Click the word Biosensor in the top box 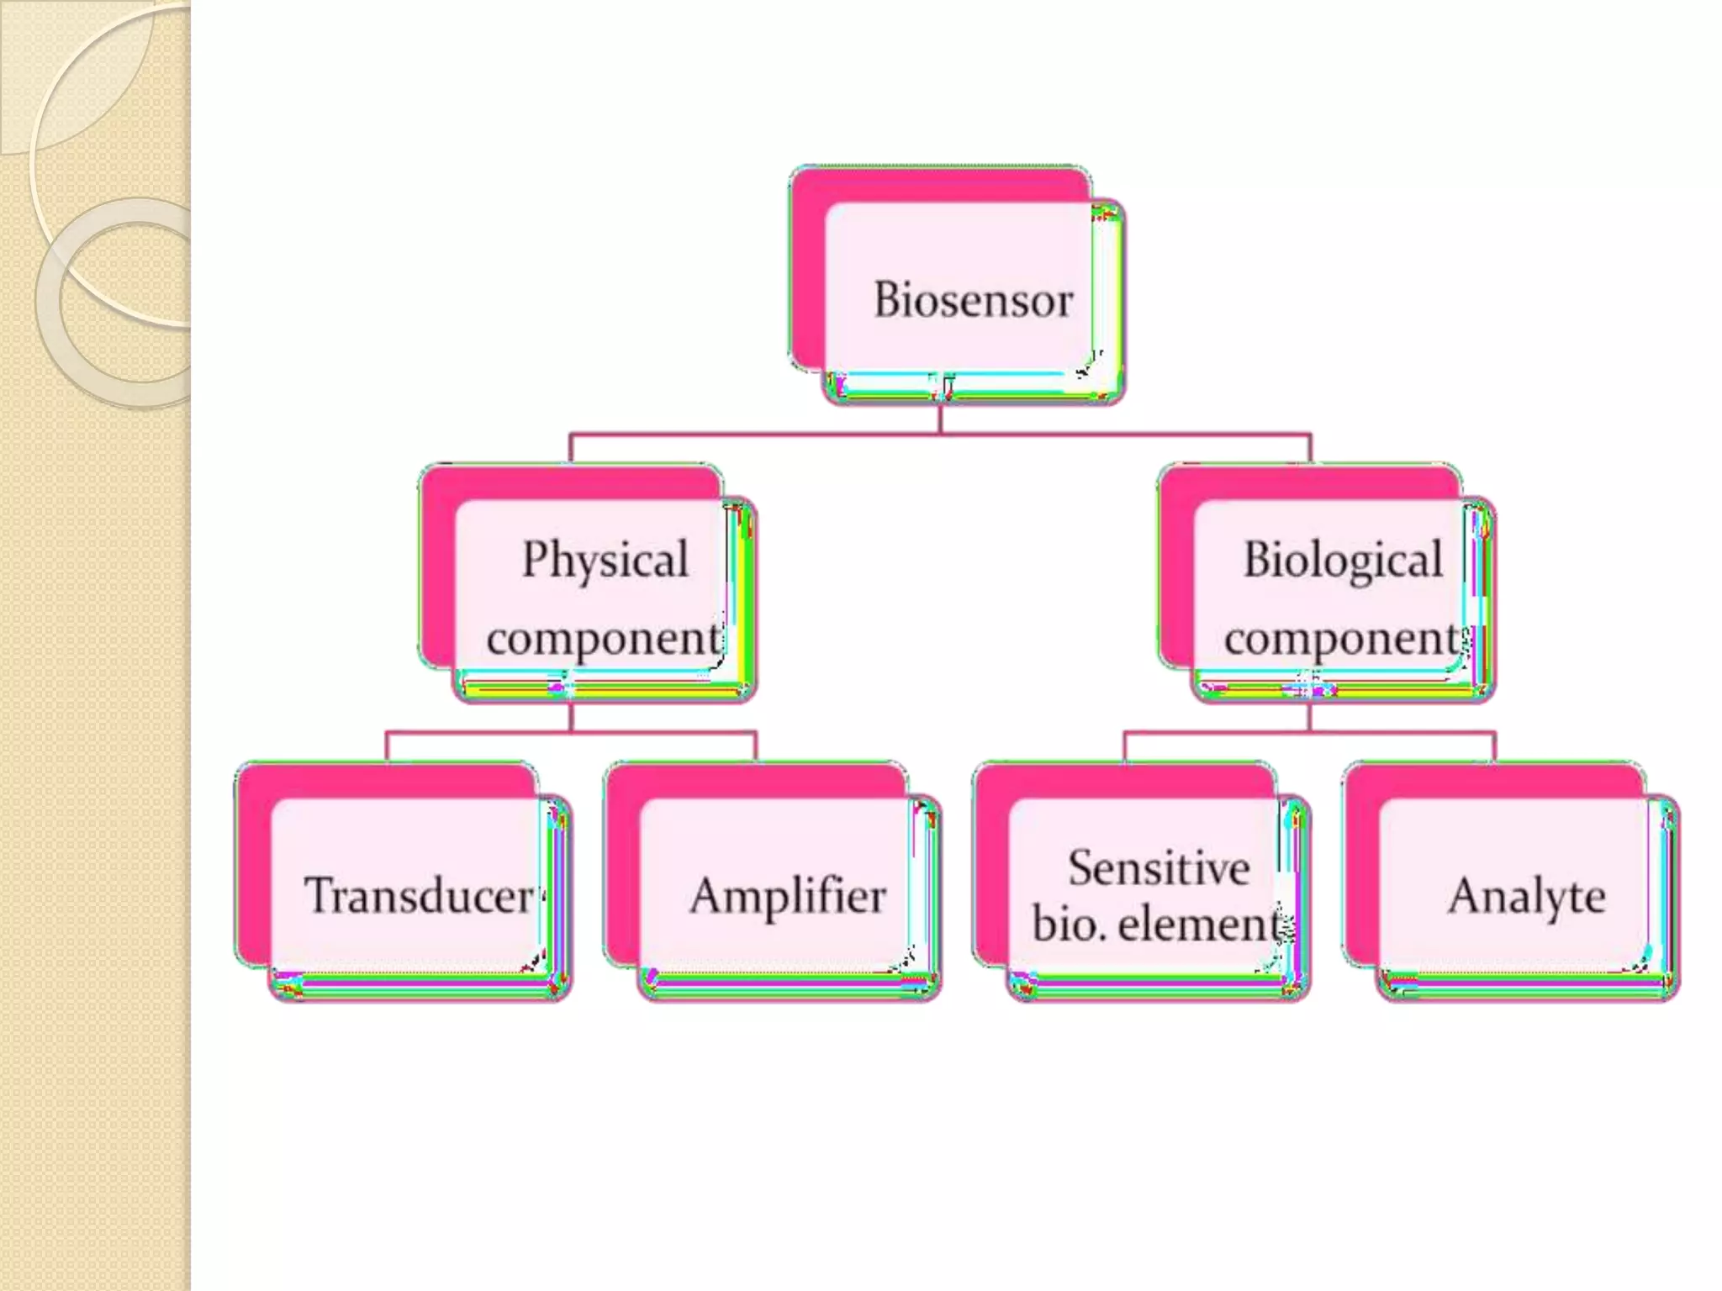(973, 300)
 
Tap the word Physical (605, 559)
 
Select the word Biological (1343, 560)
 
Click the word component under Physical (603, 639)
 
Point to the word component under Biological (1341, 639)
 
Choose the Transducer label (418, 895)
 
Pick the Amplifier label (788, 895)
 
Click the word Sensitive (1159, 867)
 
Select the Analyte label (1527, 896)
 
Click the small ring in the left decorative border (126, 303)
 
